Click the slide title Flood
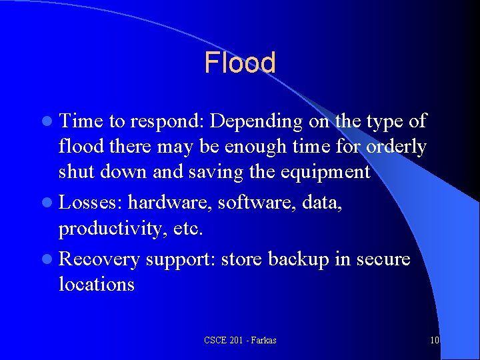click(239, 63)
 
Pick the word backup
click(306, 259)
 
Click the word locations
click(97, 285)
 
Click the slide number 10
click(435, 341)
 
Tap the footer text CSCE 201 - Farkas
click(240, 341)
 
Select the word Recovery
click(99, 259)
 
